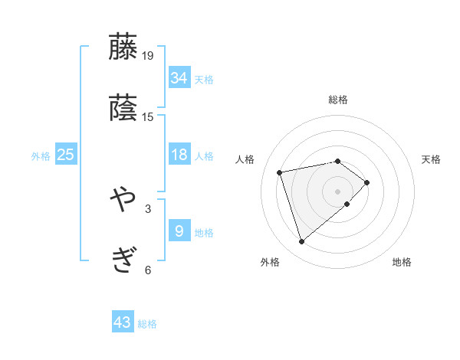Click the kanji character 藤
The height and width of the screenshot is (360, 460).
point(123,47)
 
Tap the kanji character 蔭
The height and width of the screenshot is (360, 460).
point(123,108)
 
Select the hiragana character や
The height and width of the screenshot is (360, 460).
point(123,200)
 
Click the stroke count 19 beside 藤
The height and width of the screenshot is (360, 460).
point(148,55)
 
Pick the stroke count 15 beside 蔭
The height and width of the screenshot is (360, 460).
point(148,116)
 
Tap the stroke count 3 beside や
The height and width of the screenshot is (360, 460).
point(148,208)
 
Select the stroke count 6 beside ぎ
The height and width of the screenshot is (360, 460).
point(148,270)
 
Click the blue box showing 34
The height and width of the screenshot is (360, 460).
point(179,78)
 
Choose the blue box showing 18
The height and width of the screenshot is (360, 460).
point(179,155)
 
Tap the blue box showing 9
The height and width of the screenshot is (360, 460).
point(179,231)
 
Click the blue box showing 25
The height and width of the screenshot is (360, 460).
point(66,155)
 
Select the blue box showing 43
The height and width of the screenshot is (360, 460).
point(123,322)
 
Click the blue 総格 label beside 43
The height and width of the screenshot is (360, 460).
point(147,324)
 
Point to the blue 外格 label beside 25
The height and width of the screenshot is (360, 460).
point(41,156)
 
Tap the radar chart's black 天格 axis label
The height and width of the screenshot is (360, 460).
point(432,159)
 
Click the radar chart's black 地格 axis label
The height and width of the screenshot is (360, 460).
point(402,263)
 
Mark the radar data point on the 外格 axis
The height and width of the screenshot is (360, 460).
point(301,242)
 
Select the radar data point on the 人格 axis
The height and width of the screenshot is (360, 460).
point(281,172)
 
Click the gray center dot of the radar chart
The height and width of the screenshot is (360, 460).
point(337,191)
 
